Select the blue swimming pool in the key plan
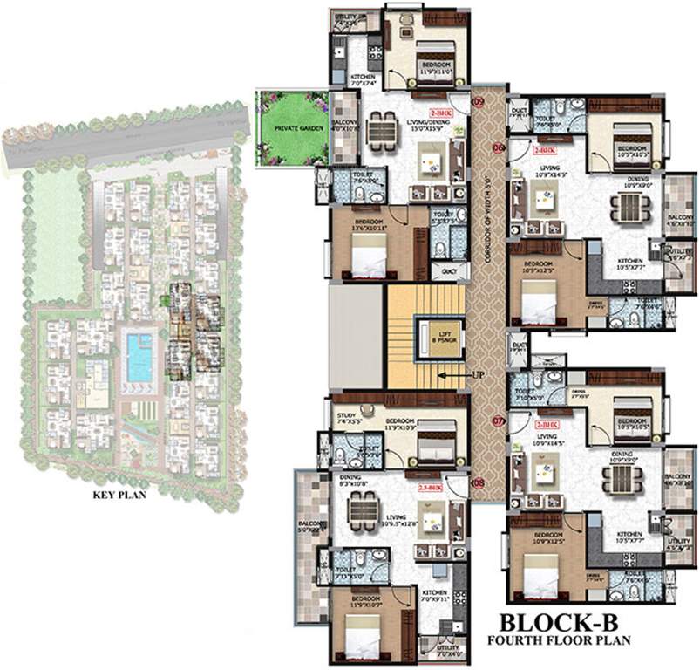tap(139, 357)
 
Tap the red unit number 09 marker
tap(478, 102)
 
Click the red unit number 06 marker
tap(499, 147)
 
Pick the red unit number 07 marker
tap(499, 421)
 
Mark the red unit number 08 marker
tap(478, 482)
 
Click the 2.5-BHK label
tap(431, 489)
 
